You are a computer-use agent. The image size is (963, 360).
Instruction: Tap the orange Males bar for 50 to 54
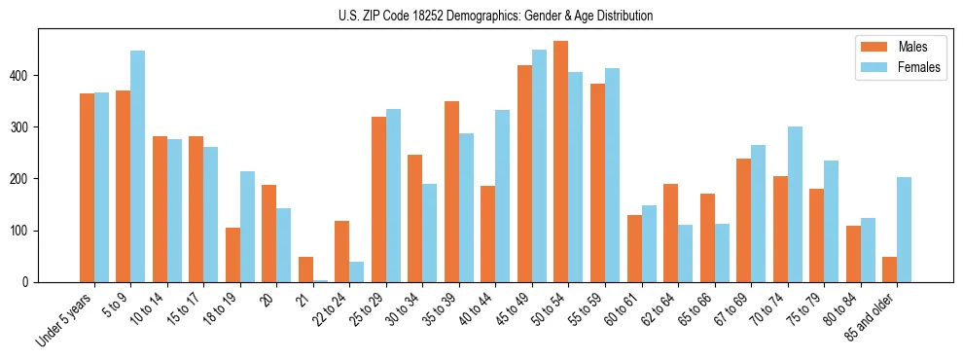(x=561, y=162)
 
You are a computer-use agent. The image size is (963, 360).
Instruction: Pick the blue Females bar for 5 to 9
(x=138, y=166)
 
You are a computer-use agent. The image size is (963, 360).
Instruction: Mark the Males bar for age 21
(x=305, y=270)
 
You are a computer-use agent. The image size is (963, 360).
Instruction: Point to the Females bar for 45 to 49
(x=539, y=165)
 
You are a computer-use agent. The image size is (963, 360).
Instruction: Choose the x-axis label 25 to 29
(x=368, y=309)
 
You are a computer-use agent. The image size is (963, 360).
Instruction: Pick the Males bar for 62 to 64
(x=671, y=234)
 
